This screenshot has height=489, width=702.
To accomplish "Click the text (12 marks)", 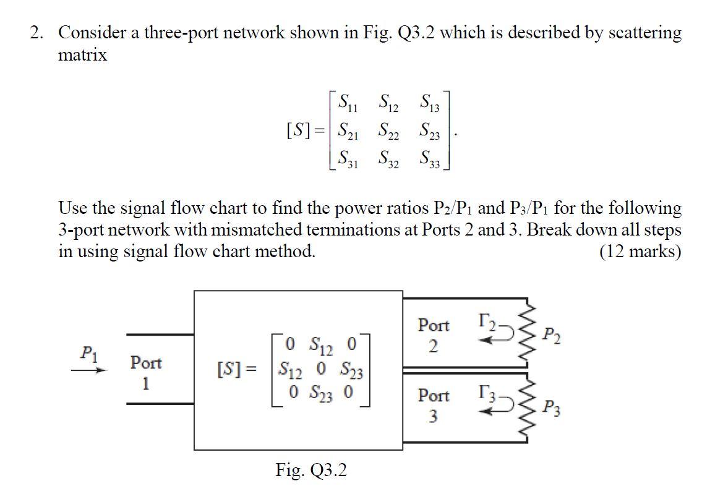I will point(640,252).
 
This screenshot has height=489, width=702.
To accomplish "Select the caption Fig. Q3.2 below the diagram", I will point(311,470).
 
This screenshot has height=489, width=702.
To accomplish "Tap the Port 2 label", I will point(434,334).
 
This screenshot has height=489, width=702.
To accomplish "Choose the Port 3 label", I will point(434,406).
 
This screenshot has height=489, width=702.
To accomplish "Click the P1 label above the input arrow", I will point(90,352).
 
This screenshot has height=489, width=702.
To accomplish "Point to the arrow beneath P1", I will point(89,370).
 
